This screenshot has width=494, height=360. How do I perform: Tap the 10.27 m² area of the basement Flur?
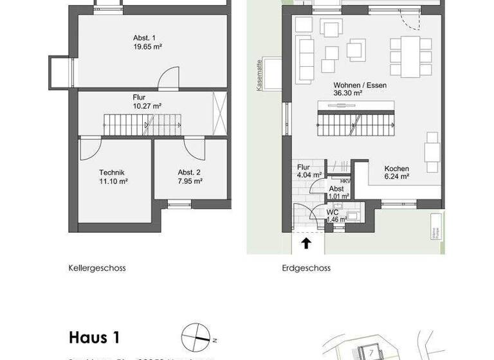click(x=147, y=106)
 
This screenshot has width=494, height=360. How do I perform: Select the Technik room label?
click(x=111, y=172)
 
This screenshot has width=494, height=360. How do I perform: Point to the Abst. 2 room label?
click(x=190, y=172)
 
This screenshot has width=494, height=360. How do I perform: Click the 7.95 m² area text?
click(x=190, y=181)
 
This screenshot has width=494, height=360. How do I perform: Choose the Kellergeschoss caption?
click(x=97, y=268)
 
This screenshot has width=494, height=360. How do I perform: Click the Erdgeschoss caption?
click(x=306, y=268)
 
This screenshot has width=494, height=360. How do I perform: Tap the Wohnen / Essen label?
click(x=360, y=85)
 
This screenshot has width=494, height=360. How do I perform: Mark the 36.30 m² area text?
click(x=348, y=93)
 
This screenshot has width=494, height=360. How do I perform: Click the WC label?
click(x=333, y=212)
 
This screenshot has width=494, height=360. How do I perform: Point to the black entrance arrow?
click(x=306, y=243)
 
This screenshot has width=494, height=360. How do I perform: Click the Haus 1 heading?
click(x=94, y=337)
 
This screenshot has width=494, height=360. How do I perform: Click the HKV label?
click(x=345, y=181)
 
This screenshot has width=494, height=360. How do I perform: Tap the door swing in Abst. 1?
click(x=169, y=78)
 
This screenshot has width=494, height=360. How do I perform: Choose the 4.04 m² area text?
click(x=309, y=174)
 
